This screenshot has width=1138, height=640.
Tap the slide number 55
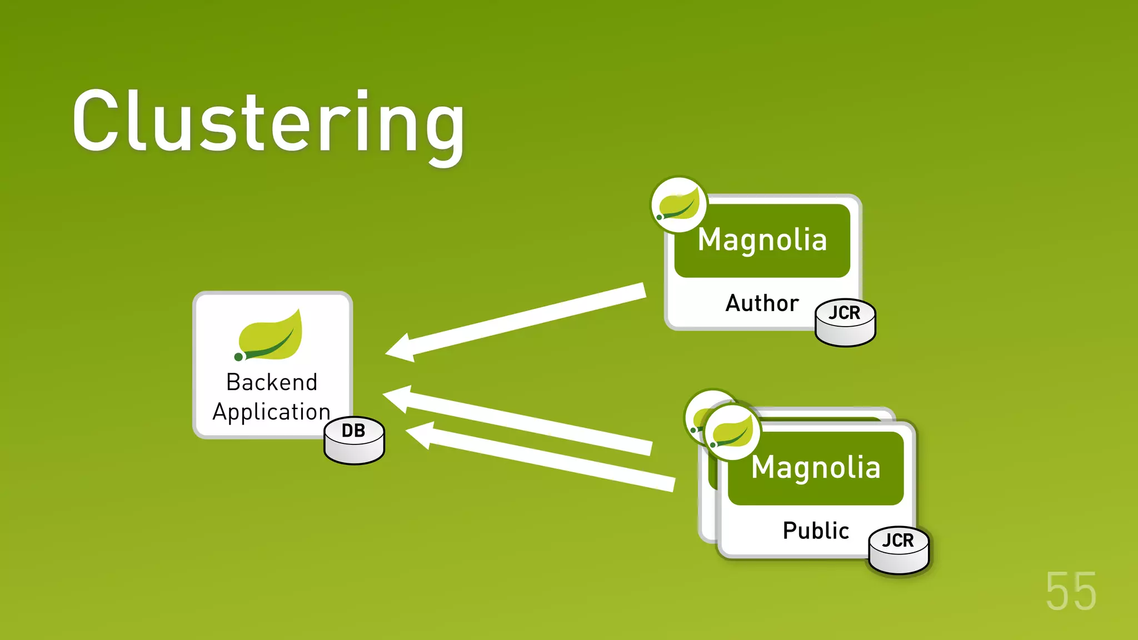(1071, 592)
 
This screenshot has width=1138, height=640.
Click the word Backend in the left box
(272, 382)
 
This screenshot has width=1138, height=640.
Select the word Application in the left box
(271, 412)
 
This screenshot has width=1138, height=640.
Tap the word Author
(762, 303)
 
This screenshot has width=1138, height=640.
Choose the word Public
(815, 531)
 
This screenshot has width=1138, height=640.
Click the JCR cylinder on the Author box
(845, 322)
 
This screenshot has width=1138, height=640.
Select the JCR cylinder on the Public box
(898, 550)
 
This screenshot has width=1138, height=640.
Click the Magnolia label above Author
(762, 240)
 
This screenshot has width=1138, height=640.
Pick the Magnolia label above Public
(816, 467)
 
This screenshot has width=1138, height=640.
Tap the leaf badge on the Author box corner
(678, 205)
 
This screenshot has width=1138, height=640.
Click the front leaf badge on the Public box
(732, 432)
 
